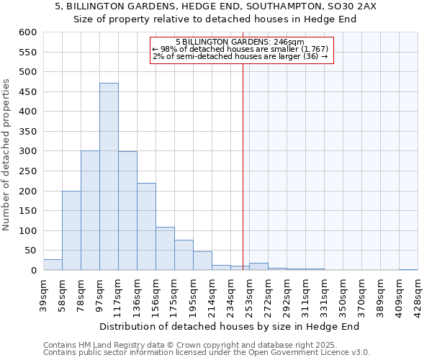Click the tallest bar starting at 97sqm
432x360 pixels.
pos(109,176)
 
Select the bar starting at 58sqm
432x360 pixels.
pos(71,230)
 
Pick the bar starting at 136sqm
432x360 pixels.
pos(146,226)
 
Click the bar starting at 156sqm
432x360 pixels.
pos(165,248)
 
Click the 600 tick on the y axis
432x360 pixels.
pos(27,32)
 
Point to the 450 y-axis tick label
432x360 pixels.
pos(27,92)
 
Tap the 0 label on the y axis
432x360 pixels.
pos(33,271)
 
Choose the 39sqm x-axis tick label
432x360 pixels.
pos(43,293)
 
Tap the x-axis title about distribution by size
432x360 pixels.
pos(229,326)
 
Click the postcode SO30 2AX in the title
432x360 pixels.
pos(354,6)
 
